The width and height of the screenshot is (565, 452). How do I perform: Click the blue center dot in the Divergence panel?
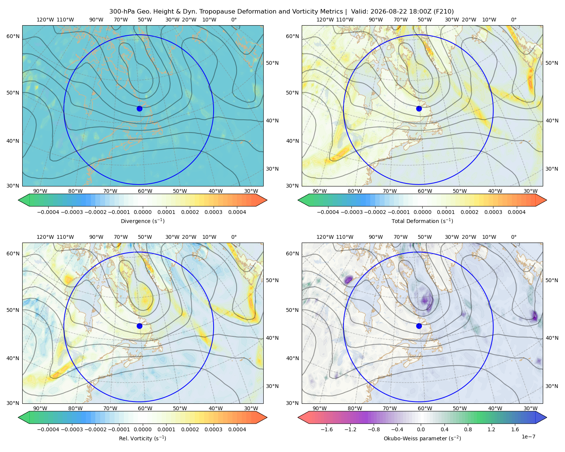click(139, 108)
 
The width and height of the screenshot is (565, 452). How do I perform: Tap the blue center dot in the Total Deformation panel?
click(419, 108)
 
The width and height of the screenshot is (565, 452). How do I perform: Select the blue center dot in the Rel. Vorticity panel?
click(139, 326)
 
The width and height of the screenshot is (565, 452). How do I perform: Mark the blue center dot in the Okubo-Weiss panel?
click(419, 326)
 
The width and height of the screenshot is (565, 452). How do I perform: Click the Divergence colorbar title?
click(142, 221)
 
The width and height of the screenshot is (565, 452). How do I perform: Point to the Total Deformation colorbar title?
click(422, 221)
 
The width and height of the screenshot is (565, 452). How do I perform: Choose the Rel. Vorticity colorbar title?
click(142, 438)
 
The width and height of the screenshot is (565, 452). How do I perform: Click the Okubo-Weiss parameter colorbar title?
click(422, 438)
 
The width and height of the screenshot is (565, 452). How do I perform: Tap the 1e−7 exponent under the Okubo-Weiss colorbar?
click(528, 437)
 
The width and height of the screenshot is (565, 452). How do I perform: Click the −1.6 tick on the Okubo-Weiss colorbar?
click(327, 429)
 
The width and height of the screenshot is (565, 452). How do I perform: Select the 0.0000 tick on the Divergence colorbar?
click(142, 212)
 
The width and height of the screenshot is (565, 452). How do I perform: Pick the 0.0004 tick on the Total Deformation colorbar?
click(516, 212)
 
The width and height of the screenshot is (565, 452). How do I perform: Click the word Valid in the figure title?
click(358, 12)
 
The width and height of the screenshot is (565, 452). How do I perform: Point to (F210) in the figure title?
click(444, 12)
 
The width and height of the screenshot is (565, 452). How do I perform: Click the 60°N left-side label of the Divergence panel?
click(13, 36)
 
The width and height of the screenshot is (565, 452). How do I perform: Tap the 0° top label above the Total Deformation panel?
click(513, 20)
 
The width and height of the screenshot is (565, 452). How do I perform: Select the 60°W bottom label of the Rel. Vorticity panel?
click(145, 408)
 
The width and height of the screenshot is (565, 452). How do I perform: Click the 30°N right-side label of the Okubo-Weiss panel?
click(552, 386)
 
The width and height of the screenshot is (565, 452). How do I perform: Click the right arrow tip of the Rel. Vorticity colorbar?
click(267, 417)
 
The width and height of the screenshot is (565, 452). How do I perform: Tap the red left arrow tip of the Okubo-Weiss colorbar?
click(298, 417)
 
